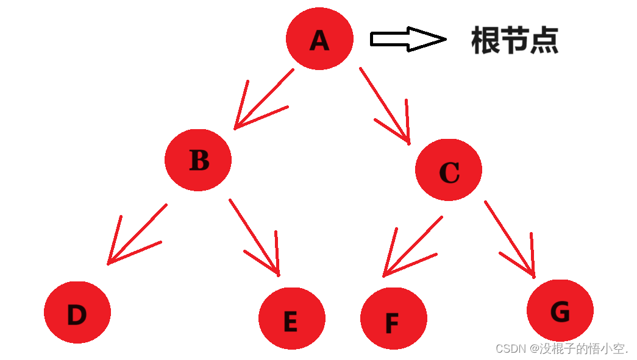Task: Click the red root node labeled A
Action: [x=319, y=39]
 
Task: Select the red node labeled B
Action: [x=198, y=160]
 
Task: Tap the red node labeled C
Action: [x=449, y=170]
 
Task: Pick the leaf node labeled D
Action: [x=77, y=312]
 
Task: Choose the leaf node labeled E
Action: [x=291, y=318]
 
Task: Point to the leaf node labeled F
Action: [x=393, y=319]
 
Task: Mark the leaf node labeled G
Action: [x=560, y=311]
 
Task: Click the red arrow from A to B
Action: [x=263, y=99]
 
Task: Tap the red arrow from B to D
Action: [x=137, y=235]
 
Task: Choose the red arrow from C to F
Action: [x=412, y=247]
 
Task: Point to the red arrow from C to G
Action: [x=510, y=239]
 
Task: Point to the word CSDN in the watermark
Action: [x=511, y=348]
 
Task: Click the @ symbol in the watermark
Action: [x=534, y=348]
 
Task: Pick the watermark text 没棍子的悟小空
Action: [x=583, y=348]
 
